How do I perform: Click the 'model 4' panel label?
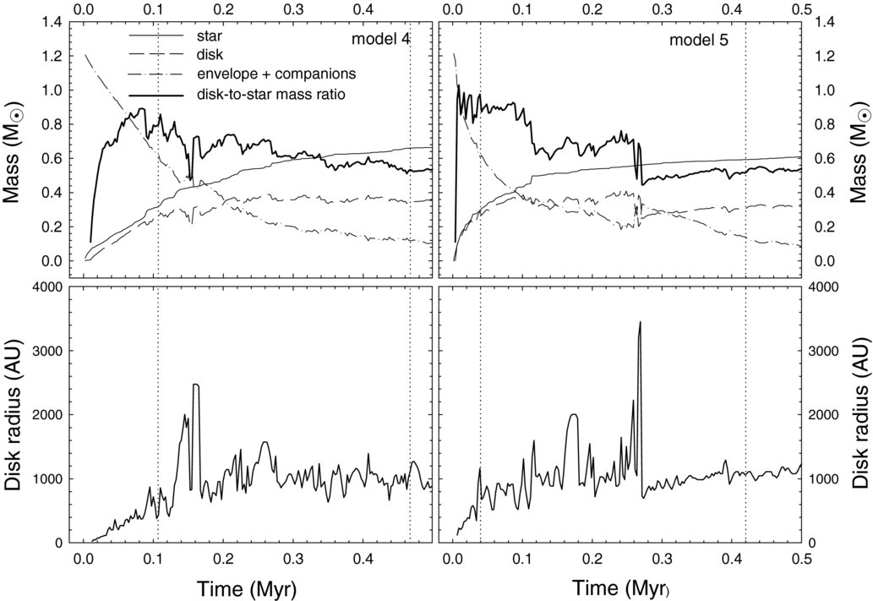(381, 40)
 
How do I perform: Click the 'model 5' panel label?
(698, 40)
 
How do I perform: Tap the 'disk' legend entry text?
(210, 55)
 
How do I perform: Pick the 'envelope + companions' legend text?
(276, 74)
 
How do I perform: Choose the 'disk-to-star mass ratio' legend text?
(270, 94)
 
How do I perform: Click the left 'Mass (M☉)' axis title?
(14, 150)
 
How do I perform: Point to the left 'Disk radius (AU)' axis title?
(14, 413)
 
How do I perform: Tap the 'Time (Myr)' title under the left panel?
(246, 588)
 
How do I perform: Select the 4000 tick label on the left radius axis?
(48, 287)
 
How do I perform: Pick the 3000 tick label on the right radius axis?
(823, 351)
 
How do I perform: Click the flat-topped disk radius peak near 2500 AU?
(195, 385)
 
